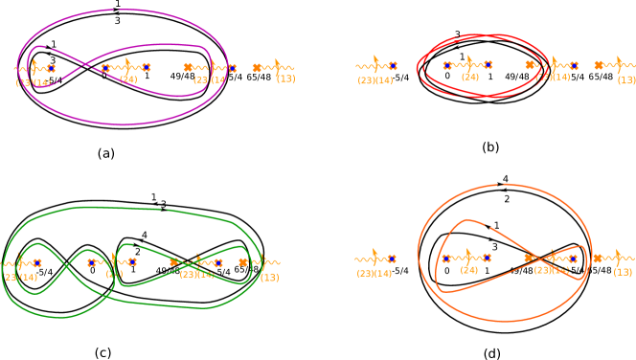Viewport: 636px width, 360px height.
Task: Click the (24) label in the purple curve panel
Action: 128,79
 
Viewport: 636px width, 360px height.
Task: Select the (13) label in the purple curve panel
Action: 286,79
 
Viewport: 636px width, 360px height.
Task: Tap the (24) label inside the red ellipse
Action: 469,78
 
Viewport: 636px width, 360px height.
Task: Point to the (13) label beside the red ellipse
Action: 626,80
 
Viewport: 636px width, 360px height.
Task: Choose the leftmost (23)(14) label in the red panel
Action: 375,80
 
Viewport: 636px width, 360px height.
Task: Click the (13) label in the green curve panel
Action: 270,278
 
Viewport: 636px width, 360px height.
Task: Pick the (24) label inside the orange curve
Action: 468,270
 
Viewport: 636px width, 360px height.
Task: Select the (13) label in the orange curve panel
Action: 623,272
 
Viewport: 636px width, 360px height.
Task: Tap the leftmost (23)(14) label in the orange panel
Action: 375,273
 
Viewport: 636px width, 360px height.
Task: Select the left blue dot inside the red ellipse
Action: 447,66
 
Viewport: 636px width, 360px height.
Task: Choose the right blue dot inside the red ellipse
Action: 488,66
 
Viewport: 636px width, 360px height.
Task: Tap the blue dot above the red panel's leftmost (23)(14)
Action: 393,66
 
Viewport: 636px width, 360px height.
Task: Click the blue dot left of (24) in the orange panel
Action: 446,259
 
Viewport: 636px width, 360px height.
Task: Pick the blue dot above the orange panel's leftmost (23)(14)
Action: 392,259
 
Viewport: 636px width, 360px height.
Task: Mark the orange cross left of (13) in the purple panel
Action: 257,67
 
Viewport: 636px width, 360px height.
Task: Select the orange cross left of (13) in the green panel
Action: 243,262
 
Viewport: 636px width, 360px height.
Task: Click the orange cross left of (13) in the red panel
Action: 600,66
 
